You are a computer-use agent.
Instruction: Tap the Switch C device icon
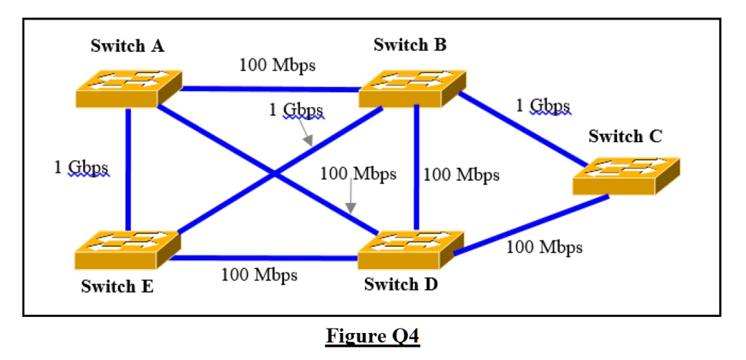pos(626,176)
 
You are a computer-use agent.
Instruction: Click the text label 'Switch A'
pos(127,46)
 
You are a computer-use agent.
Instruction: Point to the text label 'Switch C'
pos(625,136)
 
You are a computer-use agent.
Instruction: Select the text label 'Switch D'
pos(401,284)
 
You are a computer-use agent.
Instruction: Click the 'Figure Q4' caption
pos(373,337)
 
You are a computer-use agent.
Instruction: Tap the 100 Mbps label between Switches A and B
pos(277,65)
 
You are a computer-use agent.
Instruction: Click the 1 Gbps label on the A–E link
pos(81,167)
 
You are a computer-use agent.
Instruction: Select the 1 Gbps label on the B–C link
pos(543,106)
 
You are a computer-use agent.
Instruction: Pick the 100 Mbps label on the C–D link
pos(544,247)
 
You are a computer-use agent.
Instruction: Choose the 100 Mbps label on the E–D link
pos(259,275)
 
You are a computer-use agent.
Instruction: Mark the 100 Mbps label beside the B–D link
pos(461,175)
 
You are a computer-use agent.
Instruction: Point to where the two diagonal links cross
pos(275,173)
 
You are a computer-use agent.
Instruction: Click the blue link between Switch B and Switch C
pos(525,130)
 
